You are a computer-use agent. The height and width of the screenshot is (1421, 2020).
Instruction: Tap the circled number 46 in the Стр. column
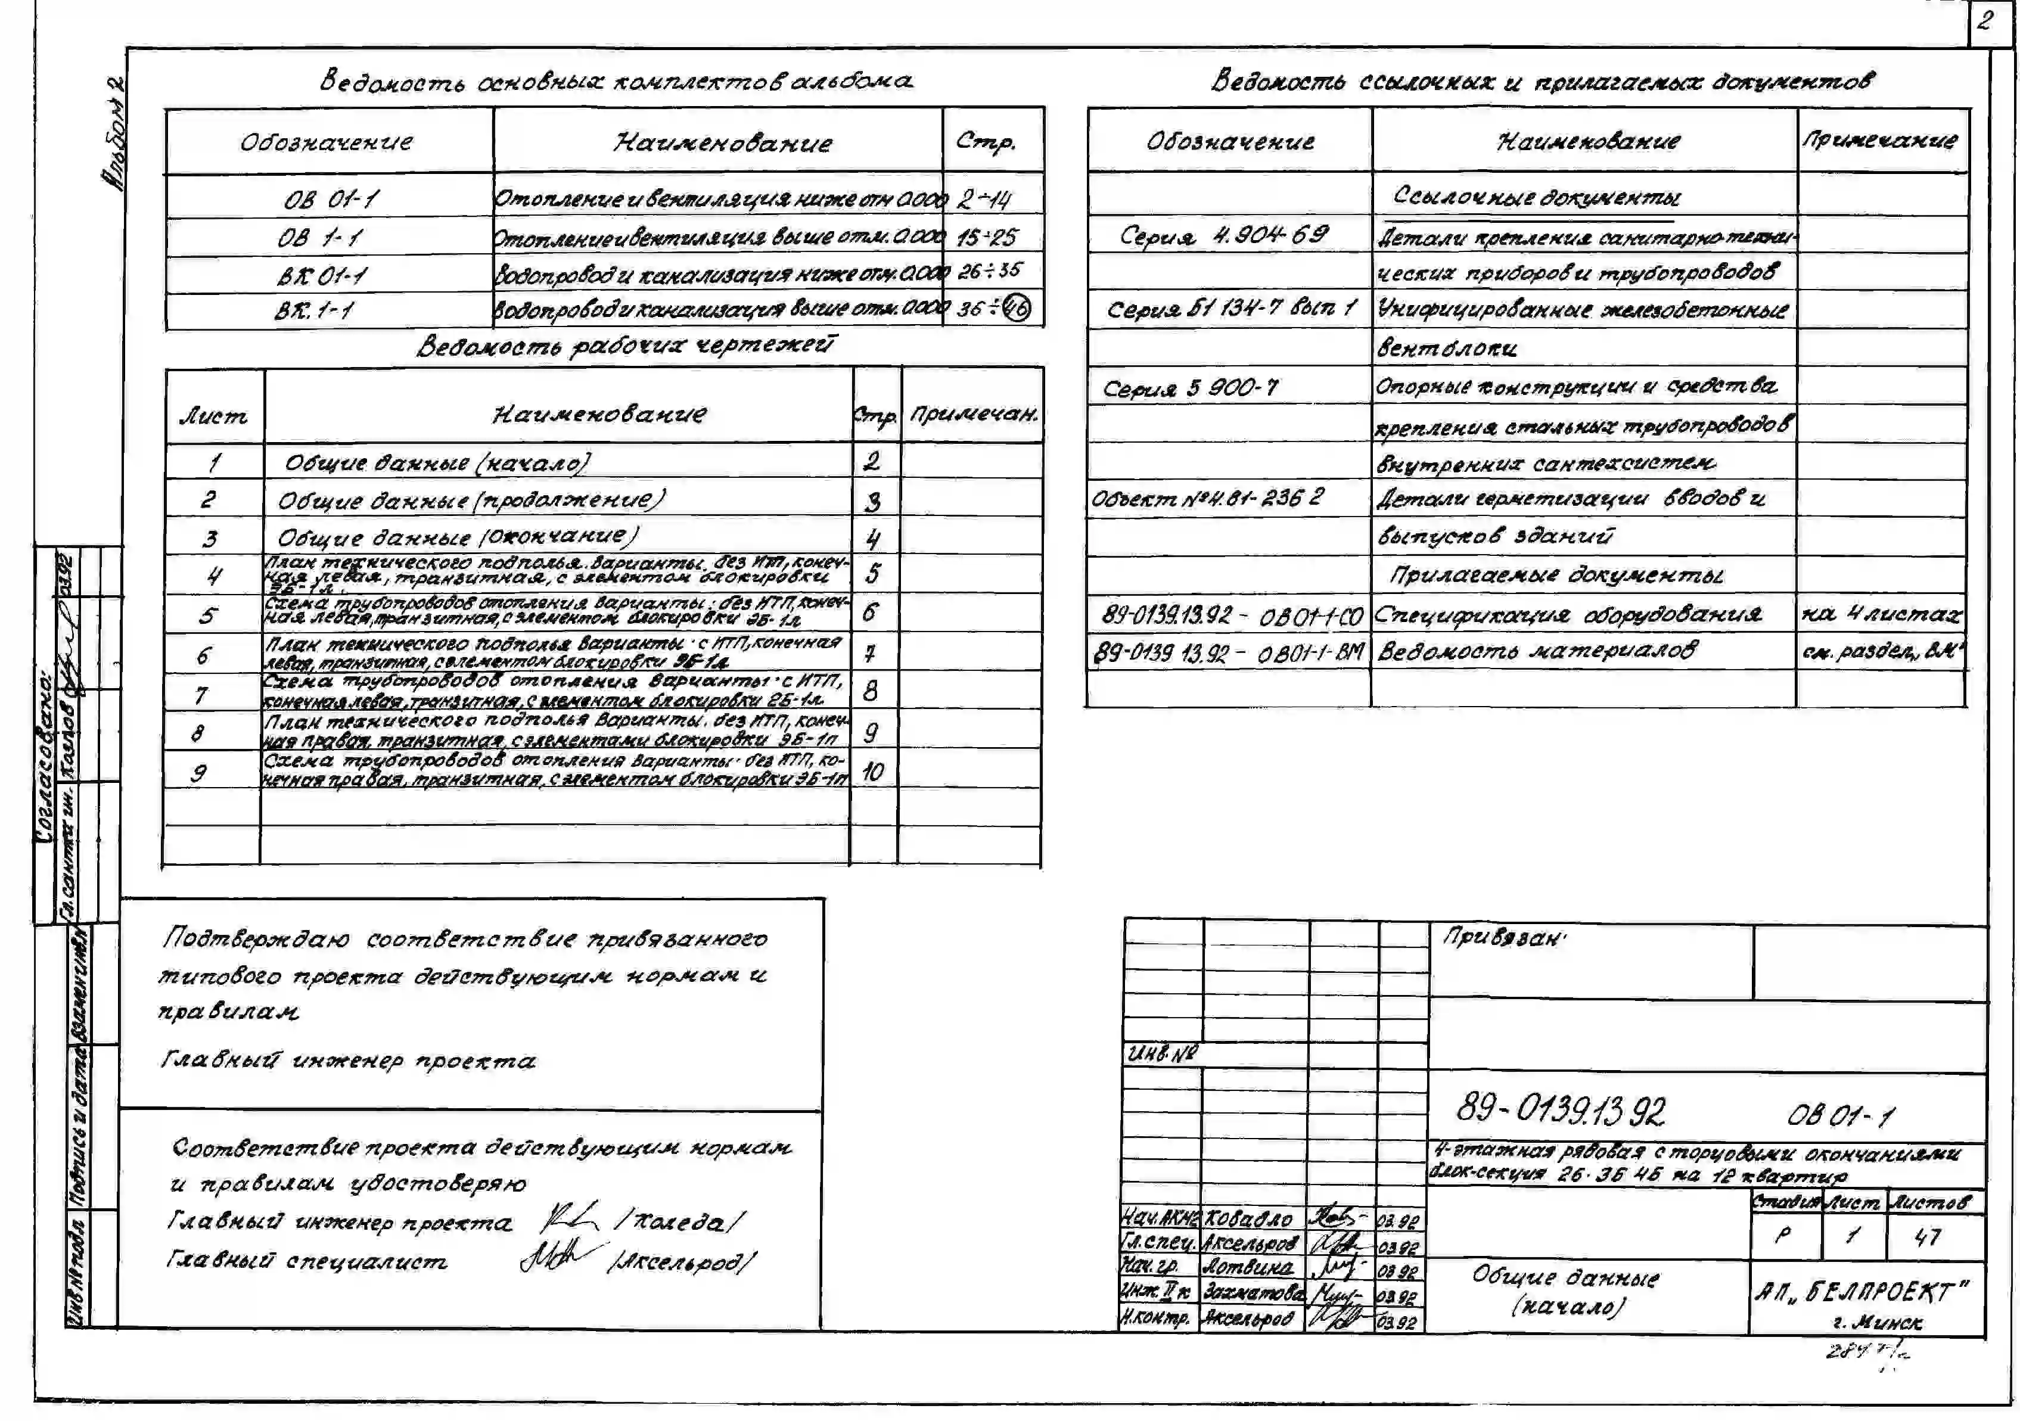tap(1017, 309)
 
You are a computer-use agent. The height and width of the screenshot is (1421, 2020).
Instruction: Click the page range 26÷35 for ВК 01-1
tap(990, 271)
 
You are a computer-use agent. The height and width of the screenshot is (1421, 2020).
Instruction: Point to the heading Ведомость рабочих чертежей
tap(626, 346)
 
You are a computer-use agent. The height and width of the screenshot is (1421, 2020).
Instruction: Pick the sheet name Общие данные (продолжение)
tap(471, 500)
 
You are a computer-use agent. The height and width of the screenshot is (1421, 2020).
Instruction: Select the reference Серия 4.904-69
tap(1224, 235)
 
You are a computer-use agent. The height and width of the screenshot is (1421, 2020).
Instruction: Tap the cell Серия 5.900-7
tap(1191, 388)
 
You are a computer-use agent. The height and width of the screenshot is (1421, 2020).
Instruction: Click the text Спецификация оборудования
tap(1568, 614)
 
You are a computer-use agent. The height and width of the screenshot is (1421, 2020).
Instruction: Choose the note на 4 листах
tap(1881, 614)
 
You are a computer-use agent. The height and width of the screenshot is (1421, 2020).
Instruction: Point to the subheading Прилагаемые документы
tap(1555, 576)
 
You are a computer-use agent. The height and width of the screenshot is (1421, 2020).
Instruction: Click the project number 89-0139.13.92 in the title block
tap(1560, 1111)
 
